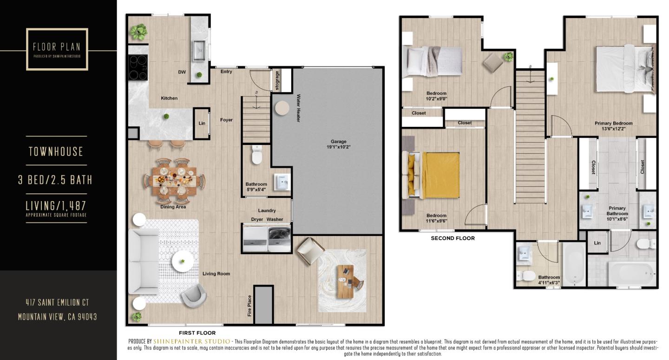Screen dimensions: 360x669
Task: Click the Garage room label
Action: click(x=338, y=144)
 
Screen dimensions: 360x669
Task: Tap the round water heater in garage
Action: click(x=282, y=108)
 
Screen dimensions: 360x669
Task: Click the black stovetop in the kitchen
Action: click(x=138, y=68)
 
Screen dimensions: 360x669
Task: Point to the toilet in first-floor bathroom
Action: click(x=256, y=156)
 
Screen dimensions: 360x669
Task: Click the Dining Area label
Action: click(x=173, y=207)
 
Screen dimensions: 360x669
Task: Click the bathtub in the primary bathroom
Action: click(x=632, y=274)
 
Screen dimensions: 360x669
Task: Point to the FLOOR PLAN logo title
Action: click(x=57, y=47)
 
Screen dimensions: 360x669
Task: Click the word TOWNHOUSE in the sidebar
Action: click(x=56, y=151)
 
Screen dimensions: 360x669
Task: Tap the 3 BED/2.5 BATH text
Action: click(x=55, y=180)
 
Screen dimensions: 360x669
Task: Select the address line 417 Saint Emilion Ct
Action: click(x=57, y=302)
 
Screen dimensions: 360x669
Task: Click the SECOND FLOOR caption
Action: click(x=453, y=238)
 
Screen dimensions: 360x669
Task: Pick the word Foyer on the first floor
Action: click(x=226, y=120)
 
